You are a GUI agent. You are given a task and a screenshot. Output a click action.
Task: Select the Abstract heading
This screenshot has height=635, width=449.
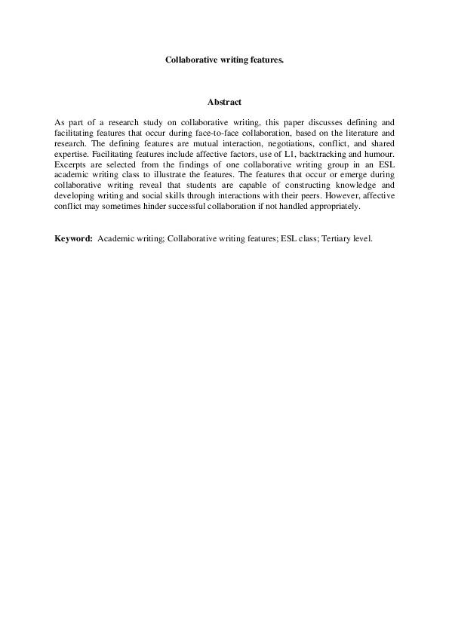224,102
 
